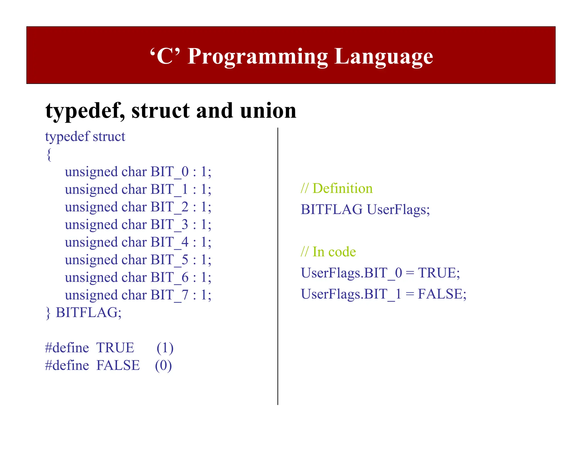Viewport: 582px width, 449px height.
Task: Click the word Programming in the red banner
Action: point(258,57)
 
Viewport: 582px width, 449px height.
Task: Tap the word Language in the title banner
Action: point(384,57)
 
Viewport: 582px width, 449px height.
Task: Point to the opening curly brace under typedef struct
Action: point(49,155)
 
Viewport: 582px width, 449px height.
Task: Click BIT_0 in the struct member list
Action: point(169,172)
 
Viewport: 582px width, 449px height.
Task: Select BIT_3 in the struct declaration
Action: point(169,225)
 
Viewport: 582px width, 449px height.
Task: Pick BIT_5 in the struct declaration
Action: point(169,260)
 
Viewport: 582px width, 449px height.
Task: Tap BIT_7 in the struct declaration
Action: point(169,295)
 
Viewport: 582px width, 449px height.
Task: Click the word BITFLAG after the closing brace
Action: point(88,312)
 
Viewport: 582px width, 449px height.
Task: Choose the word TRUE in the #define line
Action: point(115,348)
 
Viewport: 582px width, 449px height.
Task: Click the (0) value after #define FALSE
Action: point(163,366)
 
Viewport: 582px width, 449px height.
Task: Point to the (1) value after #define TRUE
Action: point(165,348)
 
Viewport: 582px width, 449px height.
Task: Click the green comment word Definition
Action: point(342,188)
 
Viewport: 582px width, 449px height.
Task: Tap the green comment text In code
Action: point(334,252)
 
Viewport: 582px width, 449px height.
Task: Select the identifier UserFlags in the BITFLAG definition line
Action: point(398,210)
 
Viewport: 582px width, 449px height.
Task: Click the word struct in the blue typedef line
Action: point(109,137)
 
